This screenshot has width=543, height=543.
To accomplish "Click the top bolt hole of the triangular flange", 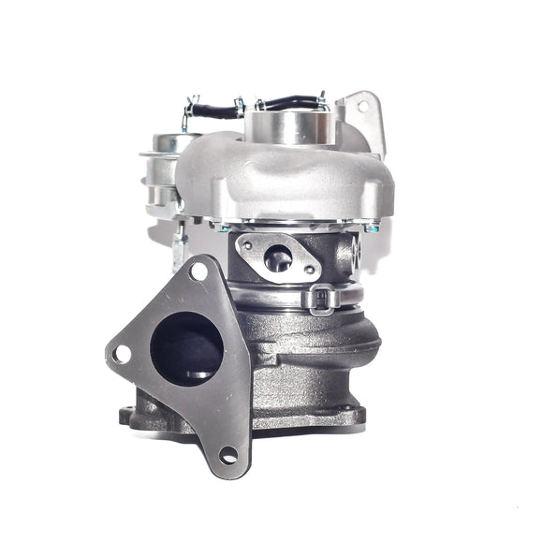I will coord(198,272).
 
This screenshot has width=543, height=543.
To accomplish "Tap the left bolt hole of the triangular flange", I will coord(121,354).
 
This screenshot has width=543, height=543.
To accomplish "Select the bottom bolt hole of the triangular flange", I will coord(227,456).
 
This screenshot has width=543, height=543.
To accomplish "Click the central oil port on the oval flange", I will coord(277,259).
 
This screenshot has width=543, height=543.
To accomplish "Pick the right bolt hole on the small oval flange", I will coord(310,271).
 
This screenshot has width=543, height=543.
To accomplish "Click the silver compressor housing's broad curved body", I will coord(281,178).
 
